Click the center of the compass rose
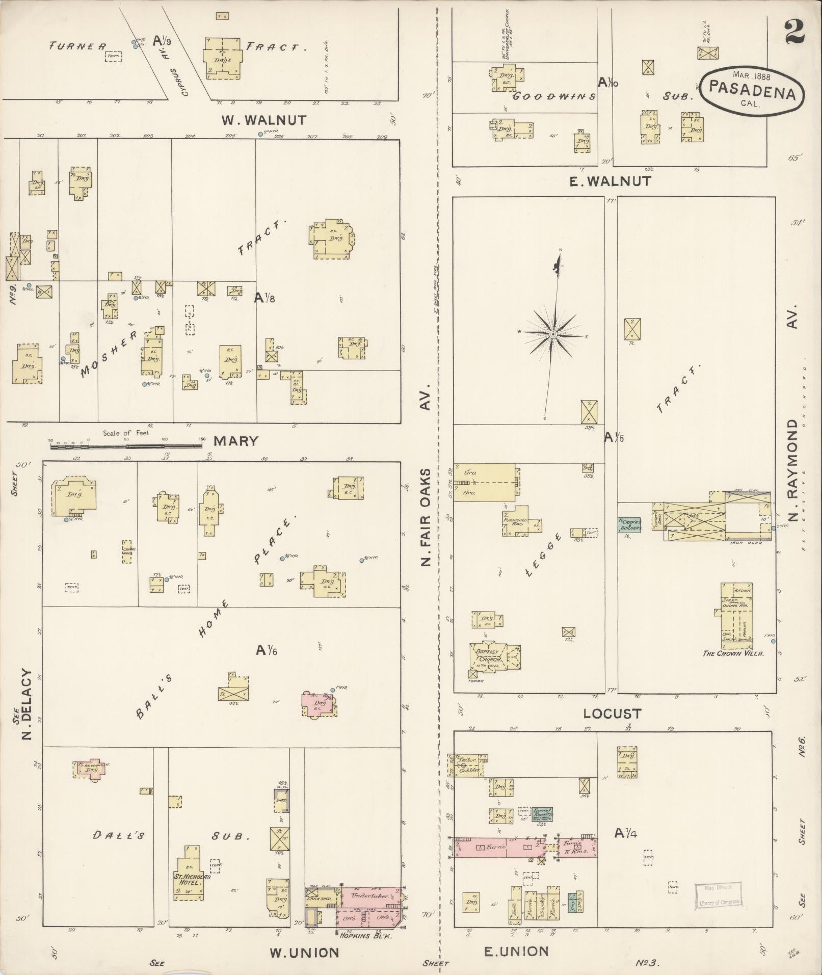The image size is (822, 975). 552,334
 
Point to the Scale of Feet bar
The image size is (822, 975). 126,446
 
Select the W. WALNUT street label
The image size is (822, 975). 263,120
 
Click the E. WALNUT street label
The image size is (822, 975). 609,181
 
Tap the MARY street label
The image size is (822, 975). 235,441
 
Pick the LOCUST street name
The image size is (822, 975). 612,714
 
